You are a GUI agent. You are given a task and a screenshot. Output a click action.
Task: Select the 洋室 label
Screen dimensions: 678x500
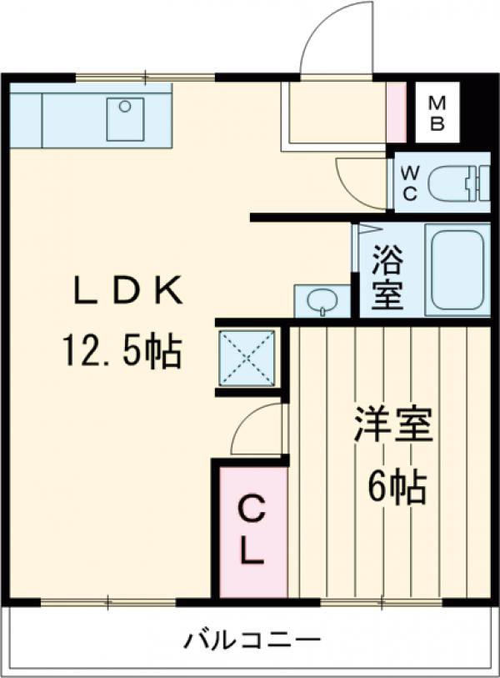[x=393, y=426]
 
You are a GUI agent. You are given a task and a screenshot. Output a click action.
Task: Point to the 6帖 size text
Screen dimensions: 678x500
[x=398, y=485]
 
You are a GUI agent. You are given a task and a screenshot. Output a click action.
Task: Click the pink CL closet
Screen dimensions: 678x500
[x=252, y=530]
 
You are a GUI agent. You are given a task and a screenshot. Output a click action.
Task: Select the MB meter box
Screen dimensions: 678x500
[x=437, y=115]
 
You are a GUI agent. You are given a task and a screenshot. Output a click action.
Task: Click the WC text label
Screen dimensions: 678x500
[x=410, y=183]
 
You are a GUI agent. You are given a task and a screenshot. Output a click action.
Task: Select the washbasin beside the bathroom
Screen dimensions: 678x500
[x=322, y=301]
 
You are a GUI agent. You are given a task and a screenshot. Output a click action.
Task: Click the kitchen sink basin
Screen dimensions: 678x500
[x=125, y=118]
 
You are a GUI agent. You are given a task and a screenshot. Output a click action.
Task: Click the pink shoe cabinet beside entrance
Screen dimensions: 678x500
[x=397, y=113]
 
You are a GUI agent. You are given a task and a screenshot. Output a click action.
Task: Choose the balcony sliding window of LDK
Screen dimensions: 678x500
[x=107, y=601]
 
